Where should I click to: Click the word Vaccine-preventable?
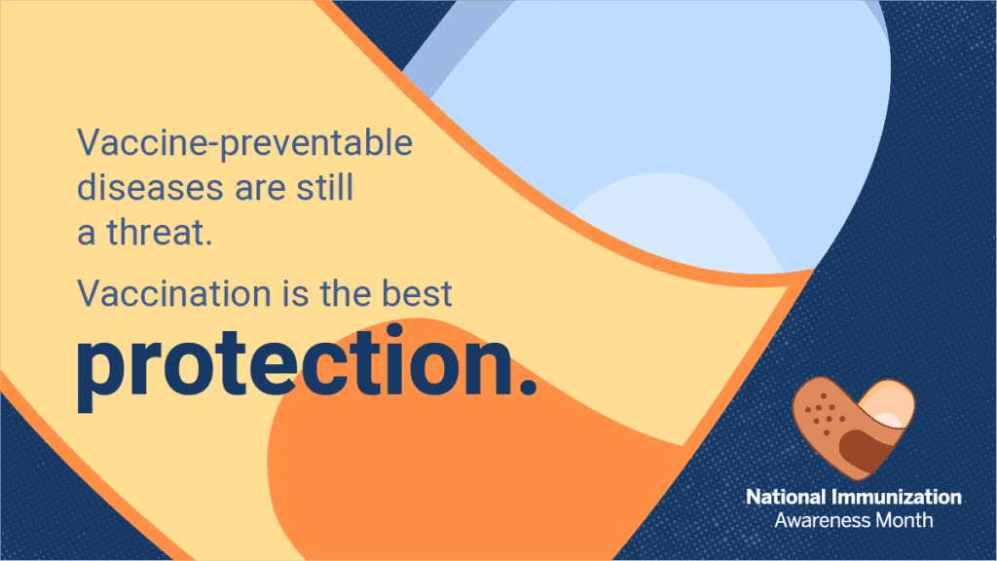coord(244,145)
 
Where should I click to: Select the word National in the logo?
coord(789,498)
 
